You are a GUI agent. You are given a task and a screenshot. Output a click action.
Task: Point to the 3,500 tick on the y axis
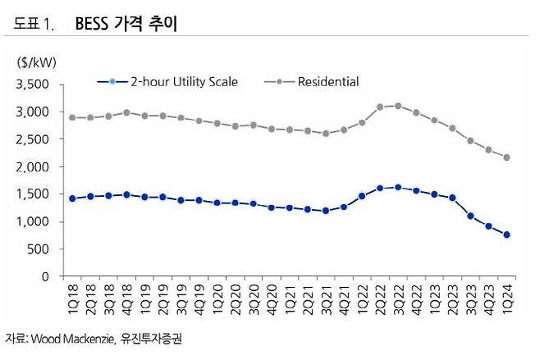click(x=33, y=84)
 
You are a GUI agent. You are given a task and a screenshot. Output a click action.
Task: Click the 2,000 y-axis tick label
click(x=33, y=167)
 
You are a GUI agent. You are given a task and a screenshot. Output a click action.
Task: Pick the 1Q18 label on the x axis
click(x=72, y=296)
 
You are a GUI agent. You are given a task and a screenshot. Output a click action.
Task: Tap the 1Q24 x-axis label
click(x=507, y=296)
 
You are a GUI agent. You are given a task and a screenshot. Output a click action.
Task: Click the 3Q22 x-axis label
click(x=399, y=296)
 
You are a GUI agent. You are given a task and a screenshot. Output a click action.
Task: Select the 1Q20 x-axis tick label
click(x=217, y=296)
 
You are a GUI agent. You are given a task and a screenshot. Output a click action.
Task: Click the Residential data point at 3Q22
click(x=398, y=106)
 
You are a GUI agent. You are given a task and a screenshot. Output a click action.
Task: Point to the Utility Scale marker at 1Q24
click(x=506, y=235)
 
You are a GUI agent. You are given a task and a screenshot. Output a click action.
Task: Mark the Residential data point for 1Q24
click(x=506, y=157)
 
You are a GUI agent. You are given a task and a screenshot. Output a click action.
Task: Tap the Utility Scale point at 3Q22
click(x=398, y=187)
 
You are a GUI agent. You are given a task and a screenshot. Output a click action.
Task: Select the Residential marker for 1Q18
click(x=72, y=118)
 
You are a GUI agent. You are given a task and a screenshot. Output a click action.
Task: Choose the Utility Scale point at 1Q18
click(x=72, y=198)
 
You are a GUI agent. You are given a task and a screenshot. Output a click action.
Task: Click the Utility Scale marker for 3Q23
click(x=470, y=216)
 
